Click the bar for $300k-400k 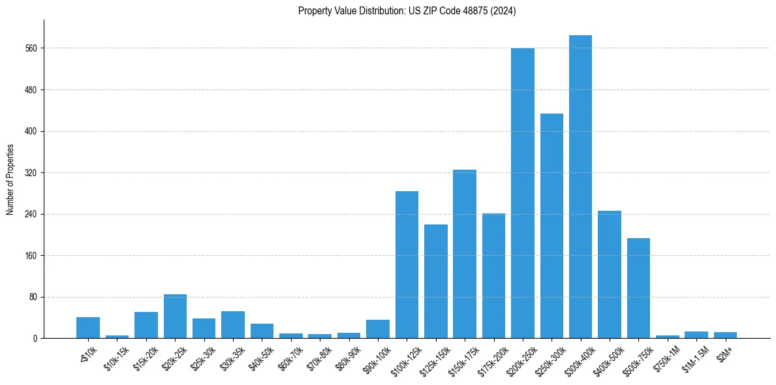(x=580, y=187)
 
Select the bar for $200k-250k (x=522, y=193)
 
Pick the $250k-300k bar (x=551, y=226)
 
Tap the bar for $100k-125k (x=407, y=265)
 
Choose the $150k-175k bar (x=465, y=254)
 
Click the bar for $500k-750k (x=638, y=288)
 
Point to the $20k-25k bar (x=175, y=316)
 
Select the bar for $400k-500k (x=610, y=275)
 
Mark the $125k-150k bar (x=435, y=281)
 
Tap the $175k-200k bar (x=493, y=276)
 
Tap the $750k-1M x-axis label (x=666, y=358)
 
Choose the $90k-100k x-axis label (x=377, y=360)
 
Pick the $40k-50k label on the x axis (x=262, y=358)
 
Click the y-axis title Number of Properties (x=10, y=179)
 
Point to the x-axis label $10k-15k (x=117, y=358)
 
